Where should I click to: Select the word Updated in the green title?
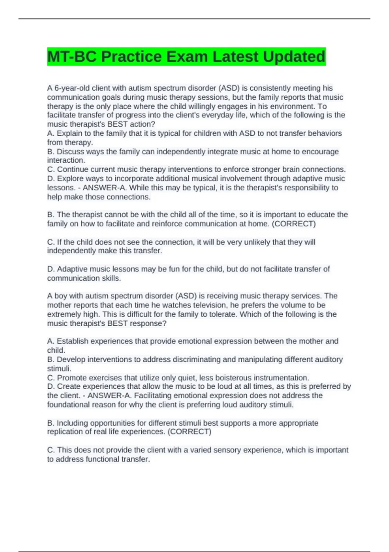[294, 57]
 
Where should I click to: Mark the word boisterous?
[233, 378]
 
